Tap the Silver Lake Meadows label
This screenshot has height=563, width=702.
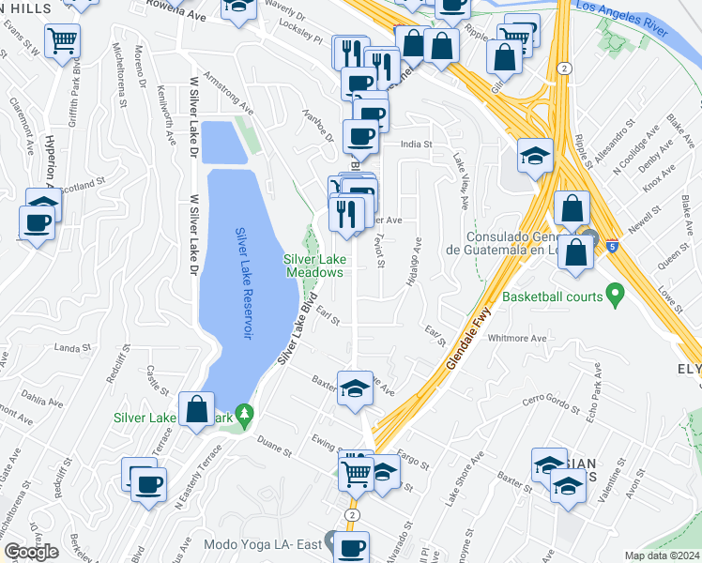314,266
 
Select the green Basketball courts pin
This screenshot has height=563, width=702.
616,296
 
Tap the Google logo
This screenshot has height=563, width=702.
32,552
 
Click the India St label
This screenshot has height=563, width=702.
415,145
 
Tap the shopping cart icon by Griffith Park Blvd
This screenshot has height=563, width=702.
63,40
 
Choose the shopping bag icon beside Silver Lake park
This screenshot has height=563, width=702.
196,409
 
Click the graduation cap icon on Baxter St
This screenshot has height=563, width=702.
355,389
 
